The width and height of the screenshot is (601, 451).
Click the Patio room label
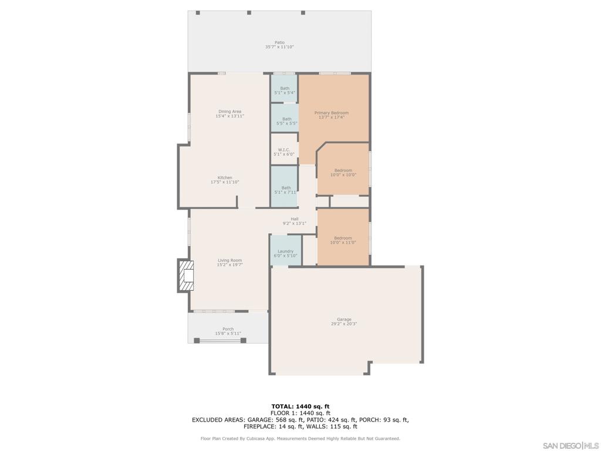pos(279,42)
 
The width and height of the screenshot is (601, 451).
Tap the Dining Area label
pos(229,112)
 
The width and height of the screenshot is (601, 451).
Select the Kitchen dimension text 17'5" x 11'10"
pos(225,182)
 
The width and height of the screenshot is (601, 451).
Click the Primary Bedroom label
pos(332,113)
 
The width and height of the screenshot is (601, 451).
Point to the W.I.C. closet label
pos(283,150)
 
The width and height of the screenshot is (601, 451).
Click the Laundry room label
pos(285,251)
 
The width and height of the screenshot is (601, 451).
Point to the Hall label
pos(295,219)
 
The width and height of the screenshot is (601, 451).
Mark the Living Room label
pos(229,260)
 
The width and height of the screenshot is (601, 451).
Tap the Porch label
pos(228,329)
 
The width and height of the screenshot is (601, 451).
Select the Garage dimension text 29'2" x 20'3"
pos(344,324)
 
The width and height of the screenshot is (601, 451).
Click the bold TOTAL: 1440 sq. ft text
pos(300,406)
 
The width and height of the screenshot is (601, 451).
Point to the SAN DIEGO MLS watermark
pos(570,446)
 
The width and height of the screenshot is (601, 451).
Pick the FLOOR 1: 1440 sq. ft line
pos(300,413)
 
